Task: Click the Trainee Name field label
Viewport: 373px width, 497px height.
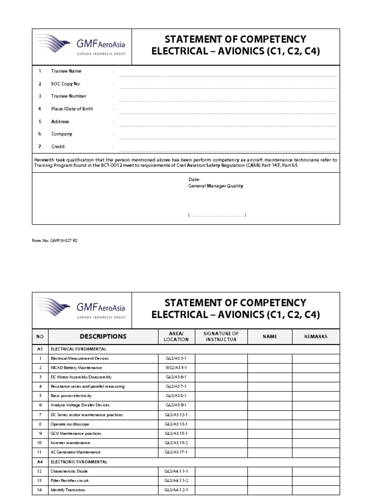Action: click(x=67, y=71)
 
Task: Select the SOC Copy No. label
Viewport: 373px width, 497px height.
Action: click(x=66, y=84)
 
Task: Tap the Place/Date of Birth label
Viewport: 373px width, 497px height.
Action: click(x=72, y=109)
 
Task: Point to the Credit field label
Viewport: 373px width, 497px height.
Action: click(x=58, y=147)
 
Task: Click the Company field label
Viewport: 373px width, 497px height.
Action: click(x=62, y=134)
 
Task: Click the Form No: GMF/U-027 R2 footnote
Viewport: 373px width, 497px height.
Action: click(x=54, y=240)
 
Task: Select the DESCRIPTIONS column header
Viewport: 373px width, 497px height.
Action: click(x=102, y=336)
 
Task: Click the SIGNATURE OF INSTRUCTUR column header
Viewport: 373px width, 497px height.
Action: click(x=221, y=336)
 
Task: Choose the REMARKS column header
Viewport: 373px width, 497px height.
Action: click(x=316, y=336)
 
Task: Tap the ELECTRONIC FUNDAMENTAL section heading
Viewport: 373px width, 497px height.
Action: click(x=79, y=462)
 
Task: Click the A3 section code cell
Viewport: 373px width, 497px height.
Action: click(x=40, y=349)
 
